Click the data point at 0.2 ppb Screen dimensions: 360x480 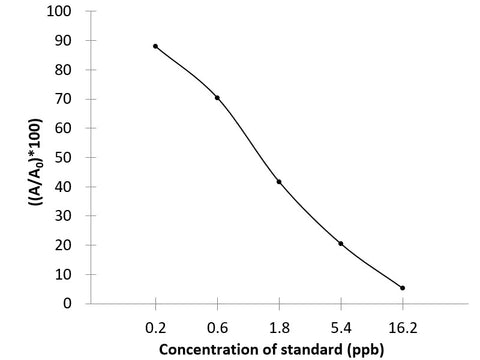click(155, 46)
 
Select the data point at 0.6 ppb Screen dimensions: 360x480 click(217, 97)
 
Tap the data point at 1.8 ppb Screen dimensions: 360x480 click(279, 182)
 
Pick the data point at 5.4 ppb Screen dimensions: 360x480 click(341, 243)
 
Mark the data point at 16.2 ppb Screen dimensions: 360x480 click(403, 288)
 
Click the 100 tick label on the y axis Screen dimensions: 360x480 click(64, 12)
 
